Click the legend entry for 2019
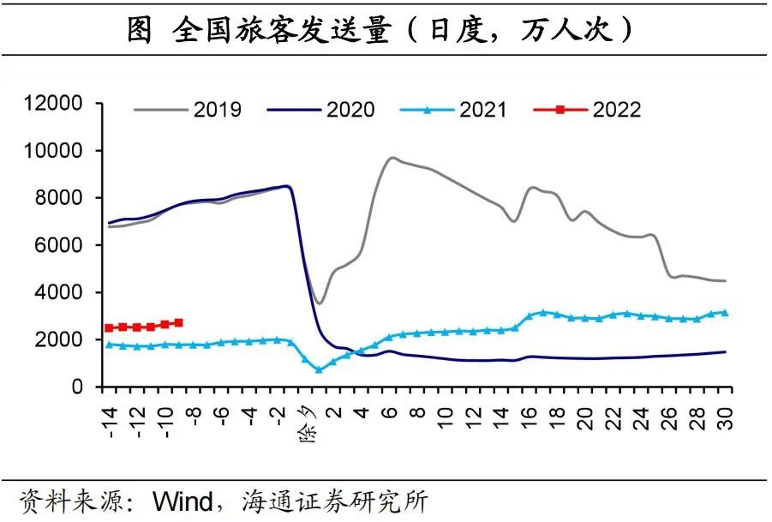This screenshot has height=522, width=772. (188, 110)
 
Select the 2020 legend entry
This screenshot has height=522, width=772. (320, 110)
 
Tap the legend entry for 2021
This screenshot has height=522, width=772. (453, 110)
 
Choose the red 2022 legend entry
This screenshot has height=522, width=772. (587, 110)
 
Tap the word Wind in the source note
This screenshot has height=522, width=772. (181, 501)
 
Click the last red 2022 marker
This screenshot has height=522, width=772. (178, 322)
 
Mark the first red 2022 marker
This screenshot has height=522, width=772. (109, 328)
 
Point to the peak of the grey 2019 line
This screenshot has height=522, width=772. (392, 158)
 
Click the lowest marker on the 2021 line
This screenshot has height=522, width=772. (319, 369)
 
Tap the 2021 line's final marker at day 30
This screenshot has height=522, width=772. (725, 313)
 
